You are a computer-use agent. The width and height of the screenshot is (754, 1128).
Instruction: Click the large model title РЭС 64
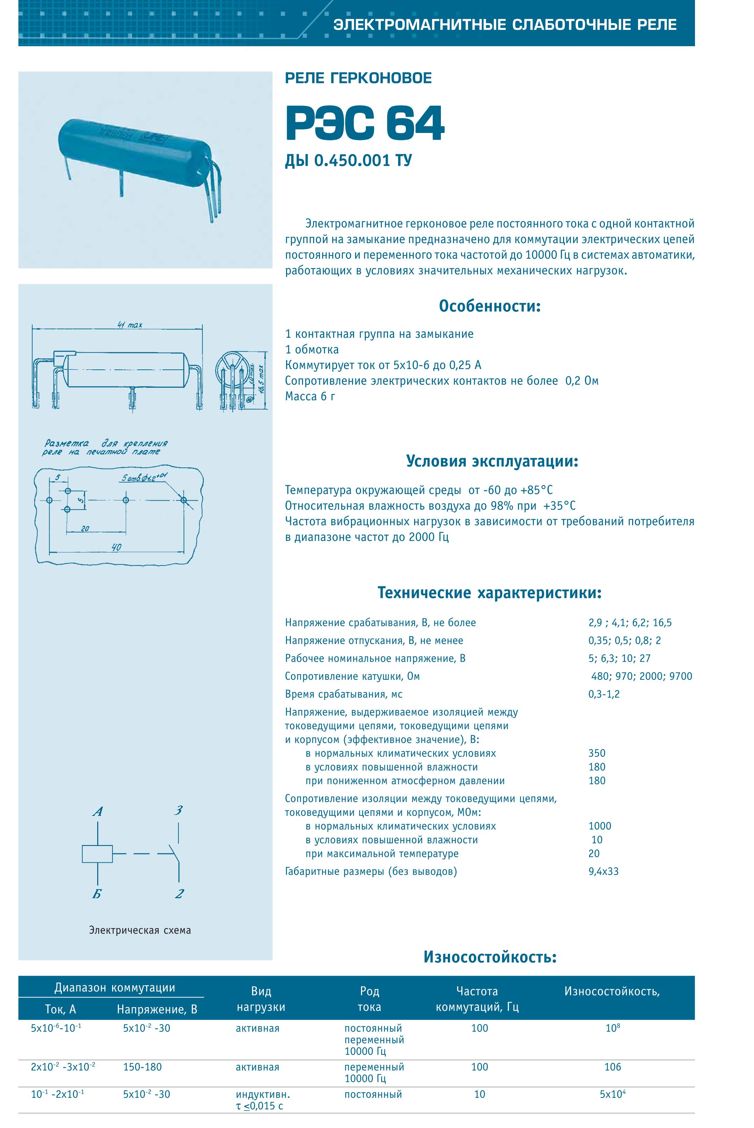click(x=365, y=124)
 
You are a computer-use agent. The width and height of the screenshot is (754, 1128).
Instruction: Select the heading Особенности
click(x=489, y=306)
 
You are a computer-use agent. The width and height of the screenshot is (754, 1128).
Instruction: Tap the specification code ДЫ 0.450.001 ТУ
click(x=348, y=161)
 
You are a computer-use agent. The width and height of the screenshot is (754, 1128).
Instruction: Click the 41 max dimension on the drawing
click(x=130, y=325)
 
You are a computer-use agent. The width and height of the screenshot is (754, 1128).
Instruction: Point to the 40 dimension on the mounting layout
click(x=116, y=547)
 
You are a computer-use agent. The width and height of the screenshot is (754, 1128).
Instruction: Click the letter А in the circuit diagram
click(x=98, y=812)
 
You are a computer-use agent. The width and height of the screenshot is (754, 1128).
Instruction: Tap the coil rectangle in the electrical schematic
click(x=97, y=854)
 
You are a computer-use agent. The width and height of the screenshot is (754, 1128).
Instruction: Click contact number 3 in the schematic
click(x=178, y=811)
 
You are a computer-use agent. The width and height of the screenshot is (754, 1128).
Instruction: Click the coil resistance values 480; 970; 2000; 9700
click(x=642, y=676)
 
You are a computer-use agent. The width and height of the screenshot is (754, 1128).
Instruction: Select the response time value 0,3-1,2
click(x=603, y=694)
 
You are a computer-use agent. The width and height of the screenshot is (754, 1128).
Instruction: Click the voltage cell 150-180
click(x=142, y=1067)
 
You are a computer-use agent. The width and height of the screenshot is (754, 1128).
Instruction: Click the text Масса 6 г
click(x=310, y=396)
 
